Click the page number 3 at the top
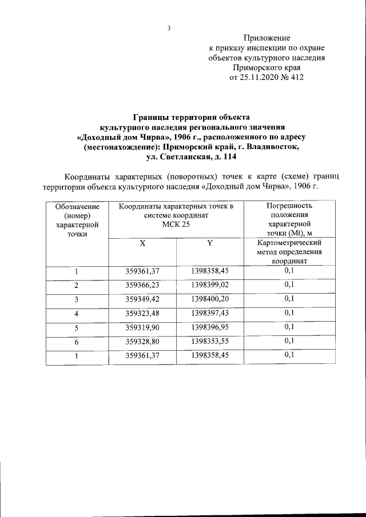click(x=169, y=28)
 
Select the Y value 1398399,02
click(x=210, y=284)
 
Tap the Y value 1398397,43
click(x=210, y=313)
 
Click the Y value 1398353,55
click(x=210, y=342)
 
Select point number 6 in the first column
click(x=77, y=342)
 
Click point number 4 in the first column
click(x=77, y=314)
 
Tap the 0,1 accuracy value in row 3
click(x=289, y=299)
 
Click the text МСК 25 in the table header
click(x=176, y=225)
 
